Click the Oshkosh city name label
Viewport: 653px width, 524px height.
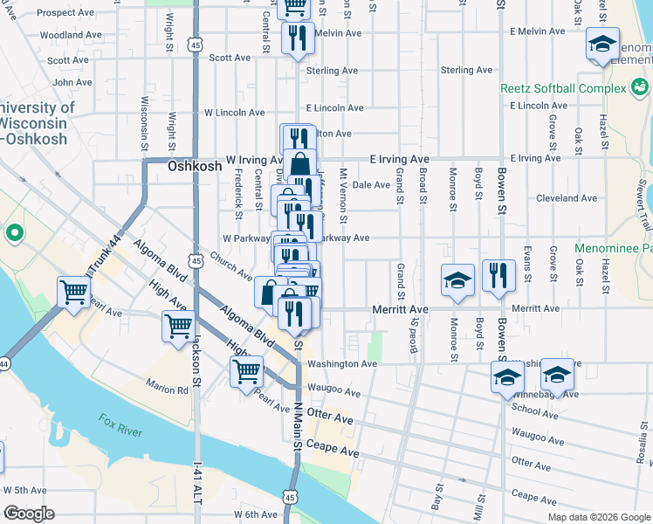point(189,165)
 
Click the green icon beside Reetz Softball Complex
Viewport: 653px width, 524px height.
point(640,87)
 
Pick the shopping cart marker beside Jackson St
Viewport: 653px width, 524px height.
point(178,327)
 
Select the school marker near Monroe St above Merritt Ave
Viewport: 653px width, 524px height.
point(457,279)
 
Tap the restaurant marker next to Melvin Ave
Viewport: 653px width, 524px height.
point(297,38)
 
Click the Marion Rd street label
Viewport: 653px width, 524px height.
point(168,390)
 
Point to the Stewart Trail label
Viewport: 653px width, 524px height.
point(644,200)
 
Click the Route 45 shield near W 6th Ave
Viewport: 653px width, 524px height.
point(291,496)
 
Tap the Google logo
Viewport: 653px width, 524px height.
point(29,514)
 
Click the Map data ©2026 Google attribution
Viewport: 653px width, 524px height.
point(598,517)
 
